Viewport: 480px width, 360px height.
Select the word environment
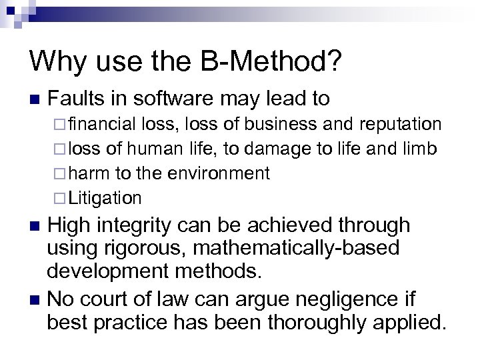[x=221, y=173]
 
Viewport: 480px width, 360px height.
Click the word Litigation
[x=105, y=198]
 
